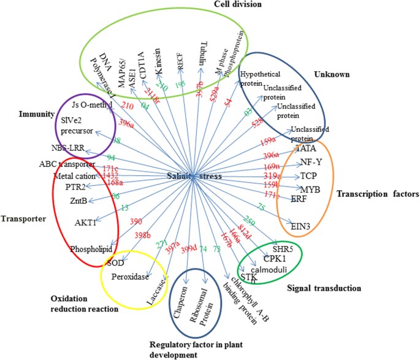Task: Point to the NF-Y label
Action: (x=311, y=163)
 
